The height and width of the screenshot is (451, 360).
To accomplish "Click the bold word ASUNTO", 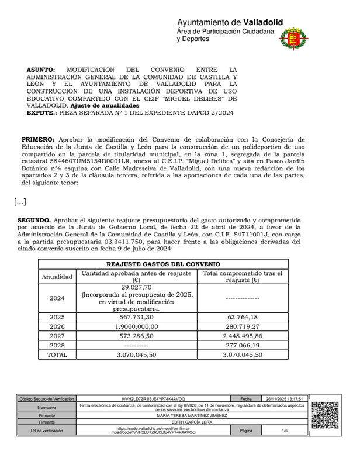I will pos(41,69).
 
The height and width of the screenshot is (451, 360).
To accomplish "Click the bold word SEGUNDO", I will pos(36,219).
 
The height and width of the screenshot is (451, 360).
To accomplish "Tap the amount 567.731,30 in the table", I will pos(137,316).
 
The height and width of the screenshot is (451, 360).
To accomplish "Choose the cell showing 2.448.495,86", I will pos(243,336).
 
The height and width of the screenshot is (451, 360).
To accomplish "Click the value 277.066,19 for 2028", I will pos(243,345).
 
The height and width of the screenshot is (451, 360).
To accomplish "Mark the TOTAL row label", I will pos(57,354).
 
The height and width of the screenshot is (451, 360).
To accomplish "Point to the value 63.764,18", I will pos(243,316).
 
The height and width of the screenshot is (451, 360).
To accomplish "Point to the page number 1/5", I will pos(285,431).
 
